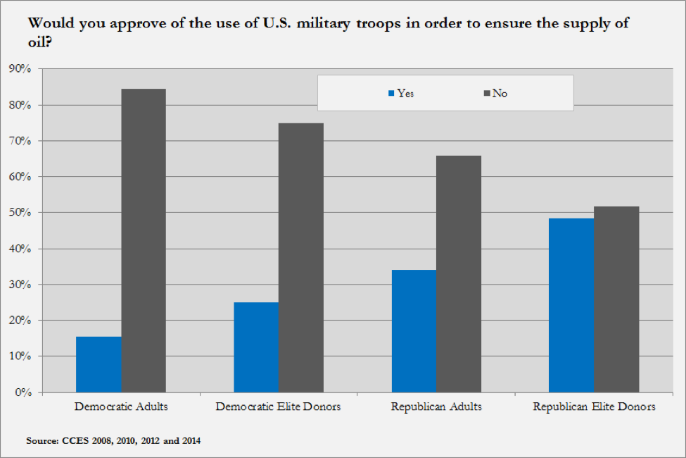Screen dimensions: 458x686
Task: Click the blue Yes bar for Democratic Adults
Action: (99, 364)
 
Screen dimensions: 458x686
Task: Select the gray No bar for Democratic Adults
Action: (144, 240)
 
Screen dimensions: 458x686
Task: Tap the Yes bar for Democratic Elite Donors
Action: (256, 347)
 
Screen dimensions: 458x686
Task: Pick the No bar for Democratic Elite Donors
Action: (301, 257)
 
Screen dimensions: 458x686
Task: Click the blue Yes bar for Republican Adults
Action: (414, 331)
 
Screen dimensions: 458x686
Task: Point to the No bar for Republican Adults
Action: (459, 273)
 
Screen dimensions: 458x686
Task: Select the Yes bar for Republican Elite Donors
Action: (571, 305)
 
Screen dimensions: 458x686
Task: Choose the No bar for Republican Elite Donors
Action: (616, 299)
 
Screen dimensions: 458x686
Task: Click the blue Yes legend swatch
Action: (392, 93)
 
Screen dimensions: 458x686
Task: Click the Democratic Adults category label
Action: (120, 407)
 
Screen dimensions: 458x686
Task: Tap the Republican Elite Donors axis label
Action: (594, 407)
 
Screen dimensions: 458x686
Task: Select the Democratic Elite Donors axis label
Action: (279, 407)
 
